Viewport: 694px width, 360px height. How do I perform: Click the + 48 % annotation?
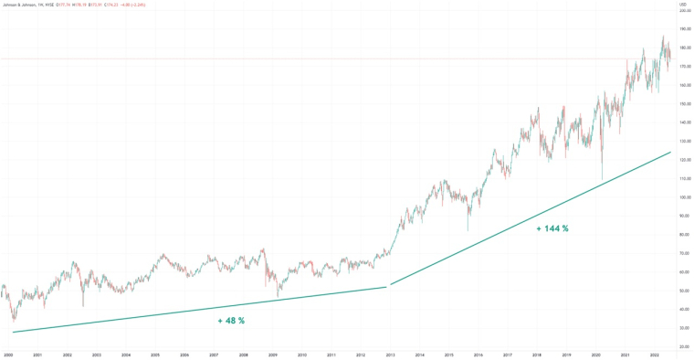point(231,321)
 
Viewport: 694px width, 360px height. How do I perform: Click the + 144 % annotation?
point(552,228)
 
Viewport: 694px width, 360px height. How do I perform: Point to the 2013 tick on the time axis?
point(390,354)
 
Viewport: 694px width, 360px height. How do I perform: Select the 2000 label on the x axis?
point(8,354)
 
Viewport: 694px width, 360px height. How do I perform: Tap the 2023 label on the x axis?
point(655,354)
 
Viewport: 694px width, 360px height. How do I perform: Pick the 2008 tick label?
point(243,354)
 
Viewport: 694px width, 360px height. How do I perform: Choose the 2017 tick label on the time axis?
point(507,354)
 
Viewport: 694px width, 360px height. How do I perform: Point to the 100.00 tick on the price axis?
point(683,197)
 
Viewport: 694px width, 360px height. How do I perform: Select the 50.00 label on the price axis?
point(683,291)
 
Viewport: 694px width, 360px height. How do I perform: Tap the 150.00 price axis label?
point(683,103)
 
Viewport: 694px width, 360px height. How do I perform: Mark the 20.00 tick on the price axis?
point(683,346)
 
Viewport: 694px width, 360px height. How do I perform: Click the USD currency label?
point(683,4)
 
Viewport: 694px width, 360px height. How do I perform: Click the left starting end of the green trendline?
point(13,332)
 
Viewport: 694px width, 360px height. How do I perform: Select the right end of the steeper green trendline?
point(671,152)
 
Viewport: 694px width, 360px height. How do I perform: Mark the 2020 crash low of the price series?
point(602,178)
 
